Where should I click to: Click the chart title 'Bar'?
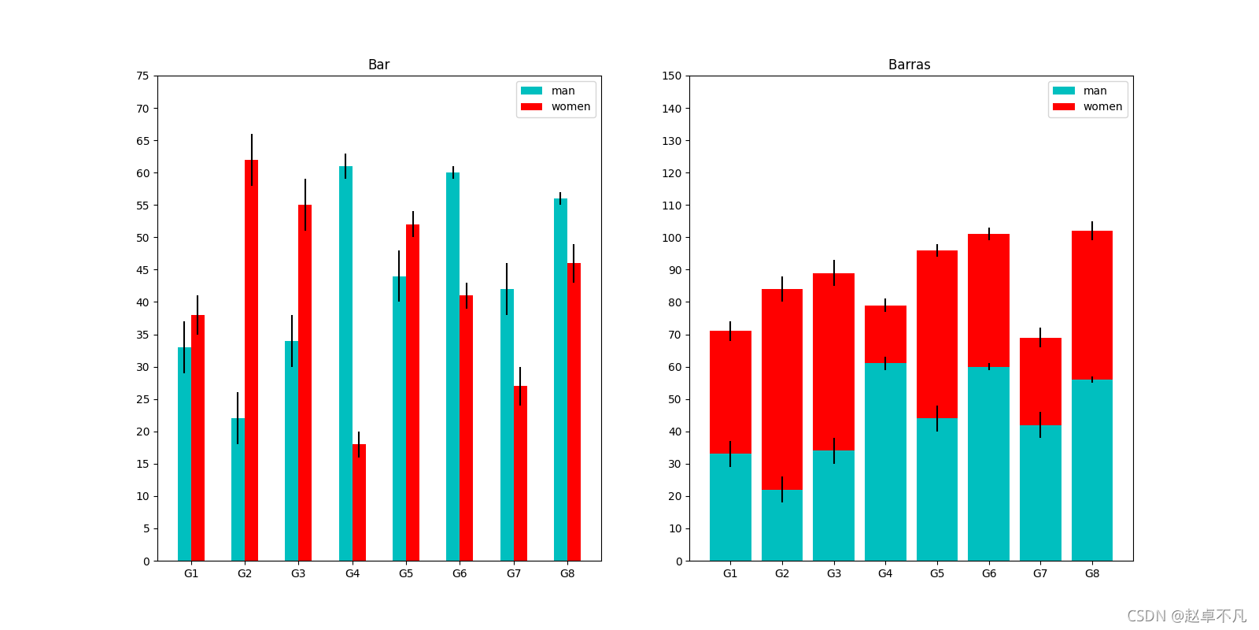click(x=378, y=65)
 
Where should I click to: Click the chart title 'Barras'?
click(x=909, y=65)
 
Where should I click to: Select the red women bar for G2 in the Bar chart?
click(x=251, y=362)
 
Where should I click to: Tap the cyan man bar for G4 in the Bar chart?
click(x=345, y=362)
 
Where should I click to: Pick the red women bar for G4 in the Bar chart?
click(x=359, y=504)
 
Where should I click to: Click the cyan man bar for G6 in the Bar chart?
click(x=452, y=366)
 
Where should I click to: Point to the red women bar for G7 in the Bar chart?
click(x=520, y=472)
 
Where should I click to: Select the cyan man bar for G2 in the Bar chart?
click(x=238, y=488)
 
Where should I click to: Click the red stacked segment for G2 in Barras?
click(x=781, y=390)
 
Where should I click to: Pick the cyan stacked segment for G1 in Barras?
click(x=730, y=508)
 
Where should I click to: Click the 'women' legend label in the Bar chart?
click(x=570, y=106)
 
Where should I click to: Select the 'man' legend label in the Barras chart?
click(x=1095, y=91)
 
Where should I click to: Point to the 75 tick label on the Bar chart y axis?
click(x=142, y=76)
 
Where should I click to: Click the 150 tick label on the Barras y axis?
click(x=672, y=76)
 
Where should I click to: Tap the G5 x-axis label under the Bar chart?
click(x=406, y=573)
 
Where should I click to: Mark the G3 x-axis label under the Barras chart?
click(x=833, y=573)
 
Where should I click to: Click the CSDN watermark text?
click(x=1186, y=616)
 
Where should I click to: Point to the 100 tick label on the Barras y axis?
click(x=672, y=238)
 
